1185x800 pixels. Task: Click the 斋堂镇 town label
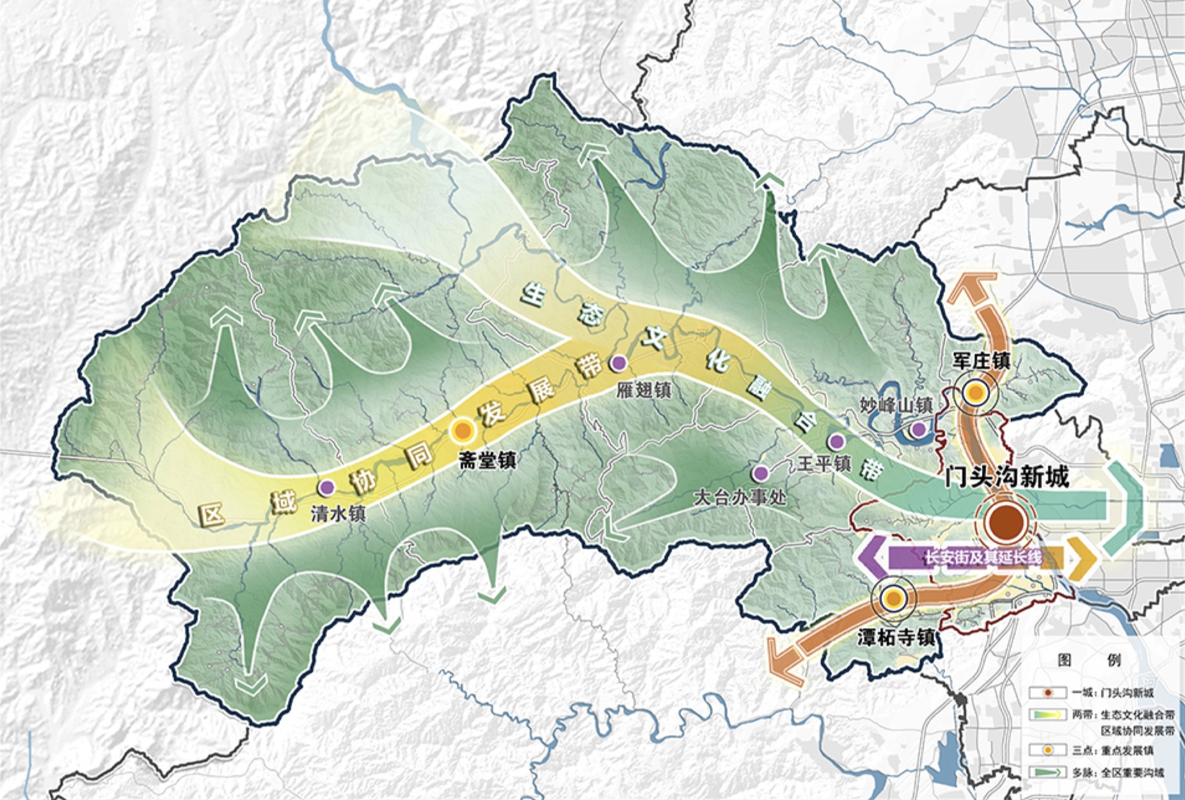[x=488, y=460]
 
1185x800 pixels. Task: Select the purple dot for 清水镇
[x=327, y=487]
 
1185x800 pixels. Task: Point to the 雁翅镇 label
[x=644, y=390]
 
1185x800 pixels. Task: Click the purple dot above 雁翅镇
[x=618, y=364]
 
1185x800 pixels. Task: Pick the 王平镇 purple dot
[x=836, y=441]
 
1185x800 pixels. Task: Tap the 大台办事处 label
[x=740, y=497]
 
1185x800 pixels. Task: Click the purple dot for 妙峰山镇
[x=918, y=429]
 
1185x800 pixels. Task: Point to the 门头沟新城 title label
[x=1006, y=477]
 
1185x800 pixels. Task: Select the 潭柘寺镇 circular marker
[x=894, y=599]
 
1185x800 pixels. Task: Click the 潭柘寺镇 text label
[x=896, y=637]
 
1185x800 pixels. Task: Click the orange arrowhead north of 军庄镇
[x=971, y=286]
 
